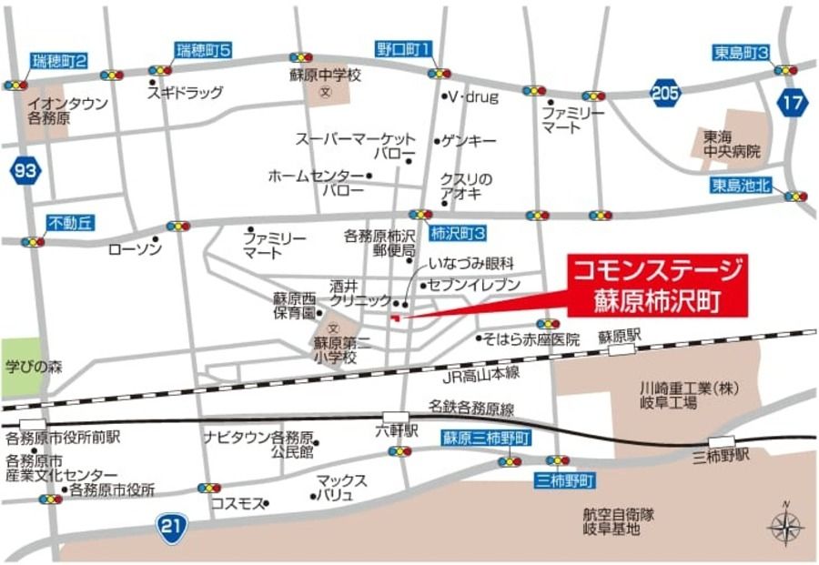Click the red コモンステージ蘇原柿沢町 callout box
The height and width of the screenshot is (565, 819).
656,286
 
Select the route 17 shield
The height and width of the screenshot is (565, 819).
792,102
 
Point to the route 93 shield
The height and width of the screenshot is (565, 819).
27,170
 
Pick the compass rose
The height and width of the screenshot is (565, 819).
784,527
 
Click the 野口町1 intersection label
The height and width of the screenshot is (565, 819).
403,48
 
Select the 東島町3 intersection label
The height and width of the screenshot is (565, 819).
742,54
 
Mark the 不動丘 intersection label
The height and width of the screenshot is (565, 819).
71,223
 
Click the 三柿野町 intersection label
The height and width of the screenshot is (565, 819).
564,479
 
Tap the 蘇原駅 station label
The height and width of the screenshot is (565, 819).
620,336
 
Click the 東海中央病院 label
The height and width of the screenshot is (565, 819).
731,144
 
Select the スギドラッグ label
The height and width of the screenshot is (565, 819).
192,92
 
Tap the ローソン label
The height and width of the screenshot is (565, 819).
135,248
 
